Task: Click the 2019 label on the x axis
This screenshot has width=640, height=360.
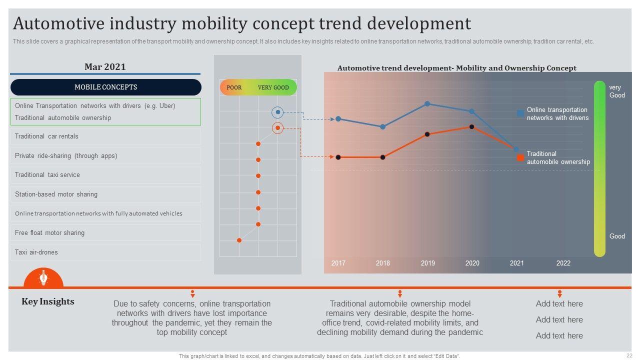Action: point(427,263)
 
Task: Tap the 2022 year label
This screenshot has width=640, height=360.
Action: point(563,263)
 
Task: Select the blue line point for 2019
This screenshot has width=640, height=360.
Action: point(427,104)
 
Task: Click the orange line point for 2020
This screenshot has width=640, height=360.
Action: point(471,127)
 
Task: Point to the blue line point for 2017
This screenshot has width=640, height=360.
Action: point(338,119)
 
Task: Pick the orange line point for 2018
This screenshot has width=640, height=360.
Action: point(382,157)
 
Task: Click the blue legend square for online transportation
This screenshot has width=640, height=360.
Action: point(520,113)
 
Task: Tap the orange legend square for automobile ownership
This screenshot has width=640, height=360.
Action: point(520,157)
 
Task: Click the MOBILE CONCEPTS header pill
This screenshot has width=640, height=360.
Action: point(105,87)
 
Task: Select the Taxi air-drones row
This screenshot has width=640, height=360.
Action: point(105,252)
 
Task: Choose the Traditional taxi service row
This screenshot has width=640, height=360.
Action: point(105,175)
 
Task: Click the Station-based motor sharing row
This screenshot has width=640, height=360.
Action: point(105,194)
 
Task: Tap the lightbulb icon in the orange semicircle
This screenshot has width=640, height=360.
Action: point(43,277)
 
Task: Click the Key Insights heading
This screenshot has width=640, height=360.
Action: point(48,301)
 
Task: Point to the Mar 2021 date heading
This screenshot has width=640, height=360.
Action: point(105,67)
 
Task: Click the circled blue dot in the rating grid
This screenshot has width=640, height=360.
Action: point(278,112)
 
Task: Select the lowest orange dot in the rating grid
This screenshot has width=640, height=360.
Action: point(239,240)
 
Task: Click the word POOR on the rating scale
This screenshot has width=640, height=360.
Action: point(234,87)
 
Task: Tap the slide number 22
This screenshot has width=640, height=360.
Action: point(629,355)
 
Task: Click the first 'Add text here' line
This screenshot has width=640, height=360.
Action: point(559,303)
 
